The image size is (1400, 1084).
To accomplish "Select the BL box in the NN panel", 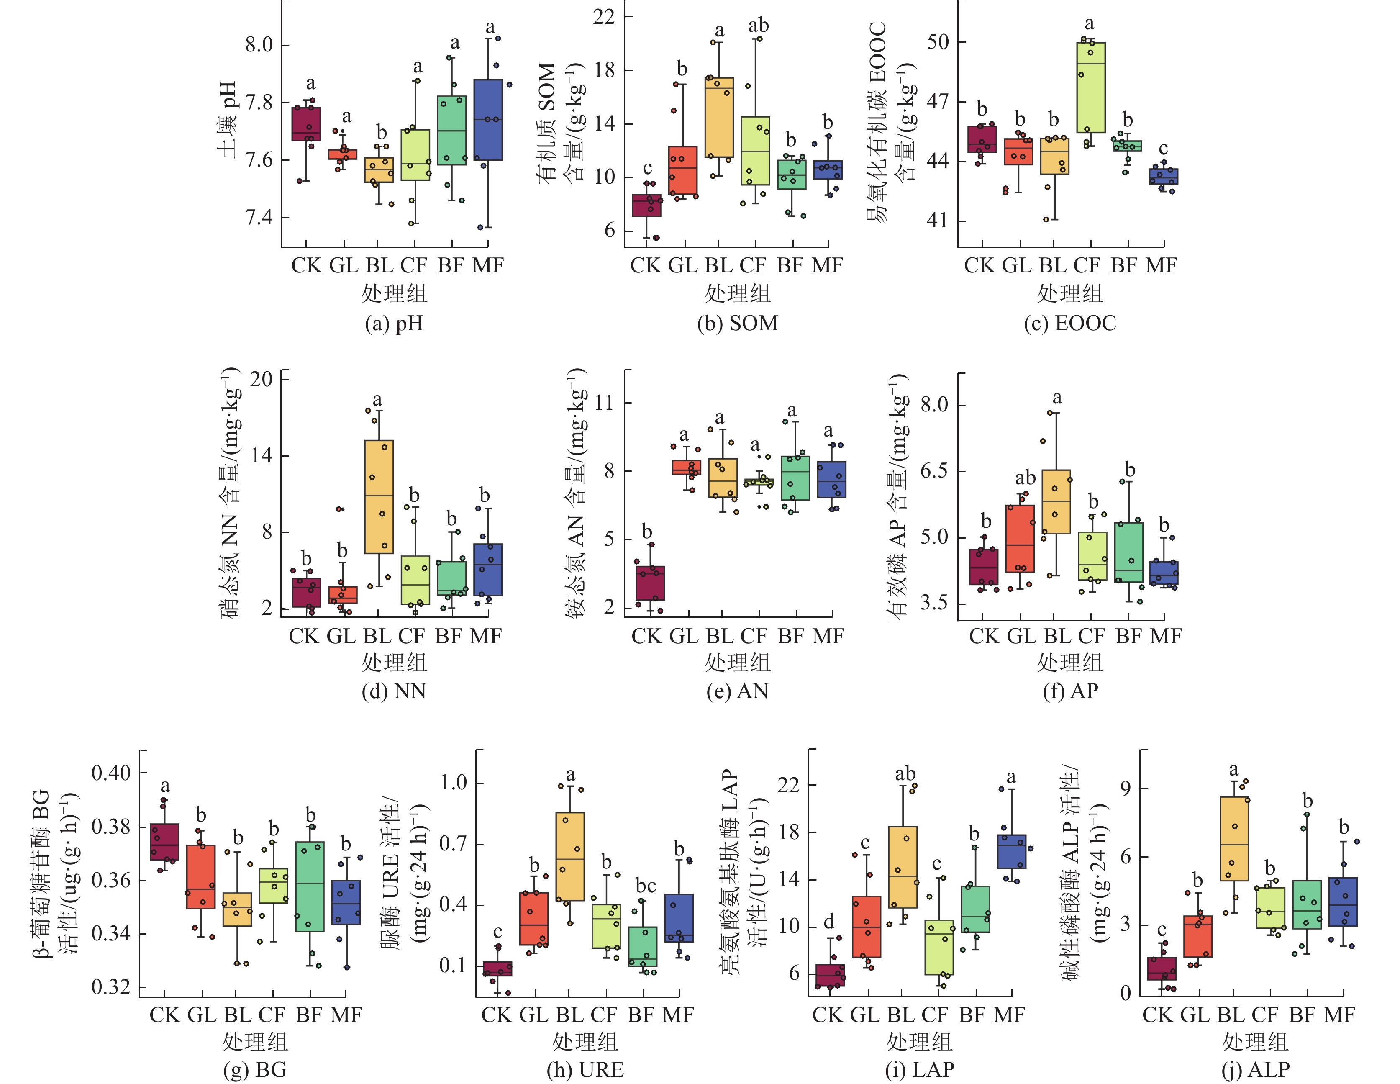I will coord(379,497).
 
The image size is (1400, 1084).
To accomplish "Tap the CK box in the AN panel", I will coord(650,583).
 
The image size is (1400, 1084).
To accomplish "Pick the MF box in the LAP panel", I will coord(1012,851).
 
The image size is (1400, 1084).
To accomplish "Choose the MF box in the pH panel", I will coord(488,120).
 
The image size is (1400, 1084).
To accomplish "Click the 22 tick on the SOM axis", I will coord(604,17).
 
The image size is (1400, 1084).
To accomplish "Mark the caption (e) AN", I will coord(737,691).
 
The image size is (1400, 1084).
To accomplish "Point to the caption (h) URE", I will coord(585,1069).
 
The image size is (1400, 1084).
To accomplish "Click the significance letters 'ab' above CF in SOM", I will coord(758,26).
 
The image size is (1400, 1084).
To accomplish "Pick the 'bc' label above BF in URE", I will coord(646,886).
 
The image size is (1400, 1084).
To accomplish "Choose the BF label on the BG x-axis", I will coord(309,1015).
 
